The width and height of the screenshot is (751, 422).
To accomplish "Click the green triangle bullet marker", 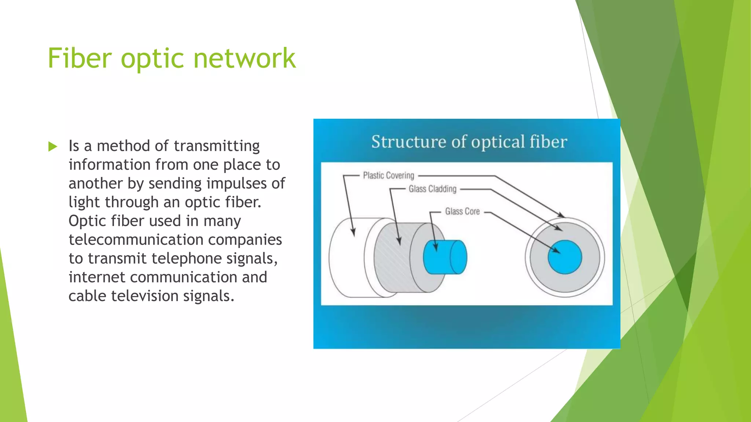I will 53,147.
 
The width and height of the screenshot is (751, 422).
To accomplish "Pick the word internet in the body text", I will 97,277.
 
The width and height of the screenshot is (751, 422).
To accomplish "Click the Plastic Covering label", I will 388,175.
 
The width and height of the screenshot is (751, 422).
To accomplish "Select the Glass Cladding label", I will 432,189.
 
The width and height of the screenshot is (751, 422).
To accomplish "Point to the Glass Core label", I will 462,211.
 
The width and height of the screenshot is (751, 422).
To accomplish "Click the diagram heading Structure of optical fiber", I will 469,142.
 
